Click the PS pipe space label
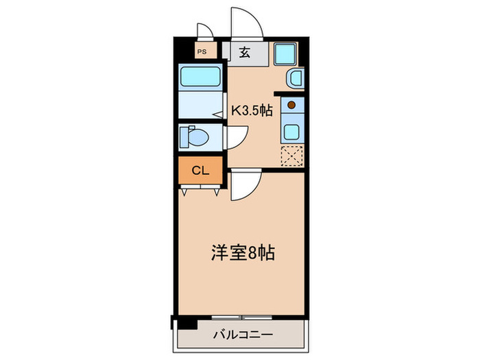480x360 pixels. click(x=202, y=51)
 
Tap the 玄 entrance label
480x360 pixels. click(x=244, y=51)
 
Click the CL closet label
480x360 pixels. click(x=200, y=171)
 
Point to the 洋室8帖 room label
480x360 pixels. click(x=242, y=253)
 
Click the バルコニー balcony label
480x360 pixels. click(x=242, y=335)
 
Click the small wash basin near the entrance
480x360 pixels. click(x=295, y=79)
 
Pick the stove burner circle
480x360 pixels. click(x=291, y=105)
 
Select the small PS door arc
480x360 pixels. click(x=204, y=30)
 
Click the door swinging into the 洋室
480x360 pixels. click(x=244, y=187)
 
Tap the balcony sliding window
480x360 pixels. click(x=241, y=317)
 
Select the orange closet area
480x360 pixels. click(x=200, y=171)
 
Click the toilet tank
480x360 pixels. click(x=184, y=137)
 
